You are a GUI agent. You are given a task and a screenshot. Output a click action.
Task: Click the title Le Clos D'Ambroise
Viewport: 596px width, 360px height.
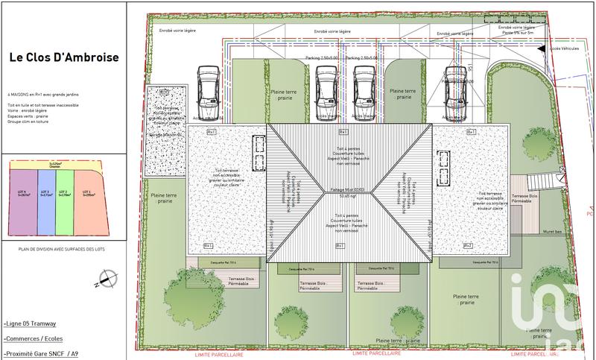click(63, 57)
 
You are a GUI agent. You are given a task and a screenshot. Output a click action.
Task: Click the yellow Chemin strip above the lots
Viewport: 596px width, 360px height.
click(55, 165)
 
